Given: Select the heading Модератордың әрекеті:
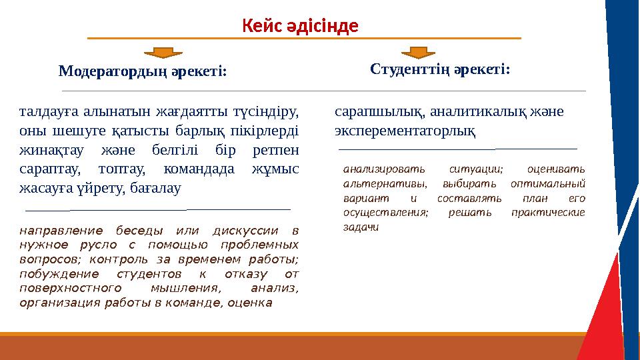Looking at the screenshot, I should point(143,71).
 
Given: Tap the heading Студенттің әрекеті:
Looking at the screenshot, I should point(440,69).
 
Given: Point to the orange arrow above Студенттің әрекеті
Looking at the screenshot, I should point(418,52).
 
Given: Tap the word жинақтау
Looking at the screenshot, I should point(49,150).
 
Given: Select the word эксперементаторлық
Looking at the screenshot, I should point(405,131).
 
